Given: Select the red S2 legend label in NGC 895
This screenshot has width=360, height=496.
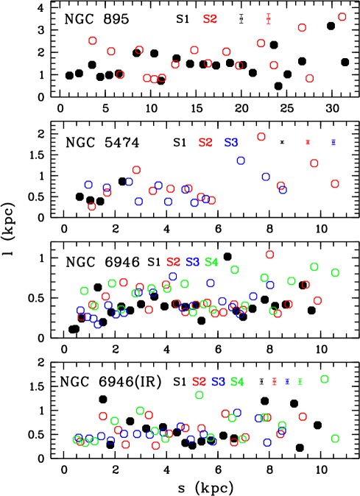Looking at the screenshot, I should (x=211, y=18).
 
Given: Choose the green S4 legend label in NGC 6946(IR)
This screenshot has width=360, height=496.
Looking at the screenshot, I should (x=237, y=382).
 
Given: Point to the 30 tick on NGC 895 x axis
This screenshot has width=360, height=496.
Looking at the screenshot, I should (x=331, y=109).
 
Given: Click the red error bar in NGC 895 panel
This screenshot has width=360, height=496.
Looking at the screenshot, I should (x=269, y=18).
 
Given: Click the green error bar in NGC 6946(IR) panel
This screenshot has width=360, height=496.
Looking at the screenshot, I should (x=300, y=381).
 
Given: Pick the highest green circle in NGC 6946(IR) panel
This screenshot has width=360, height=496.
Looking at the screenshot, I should (x=324, y=379).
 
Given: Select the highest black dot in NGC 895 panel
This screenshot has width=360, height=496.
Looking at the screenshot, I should (x=331, y=26).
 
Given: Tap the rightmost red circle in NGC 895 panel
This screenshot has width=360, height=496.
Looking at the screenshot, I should (x=342, y=17).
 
